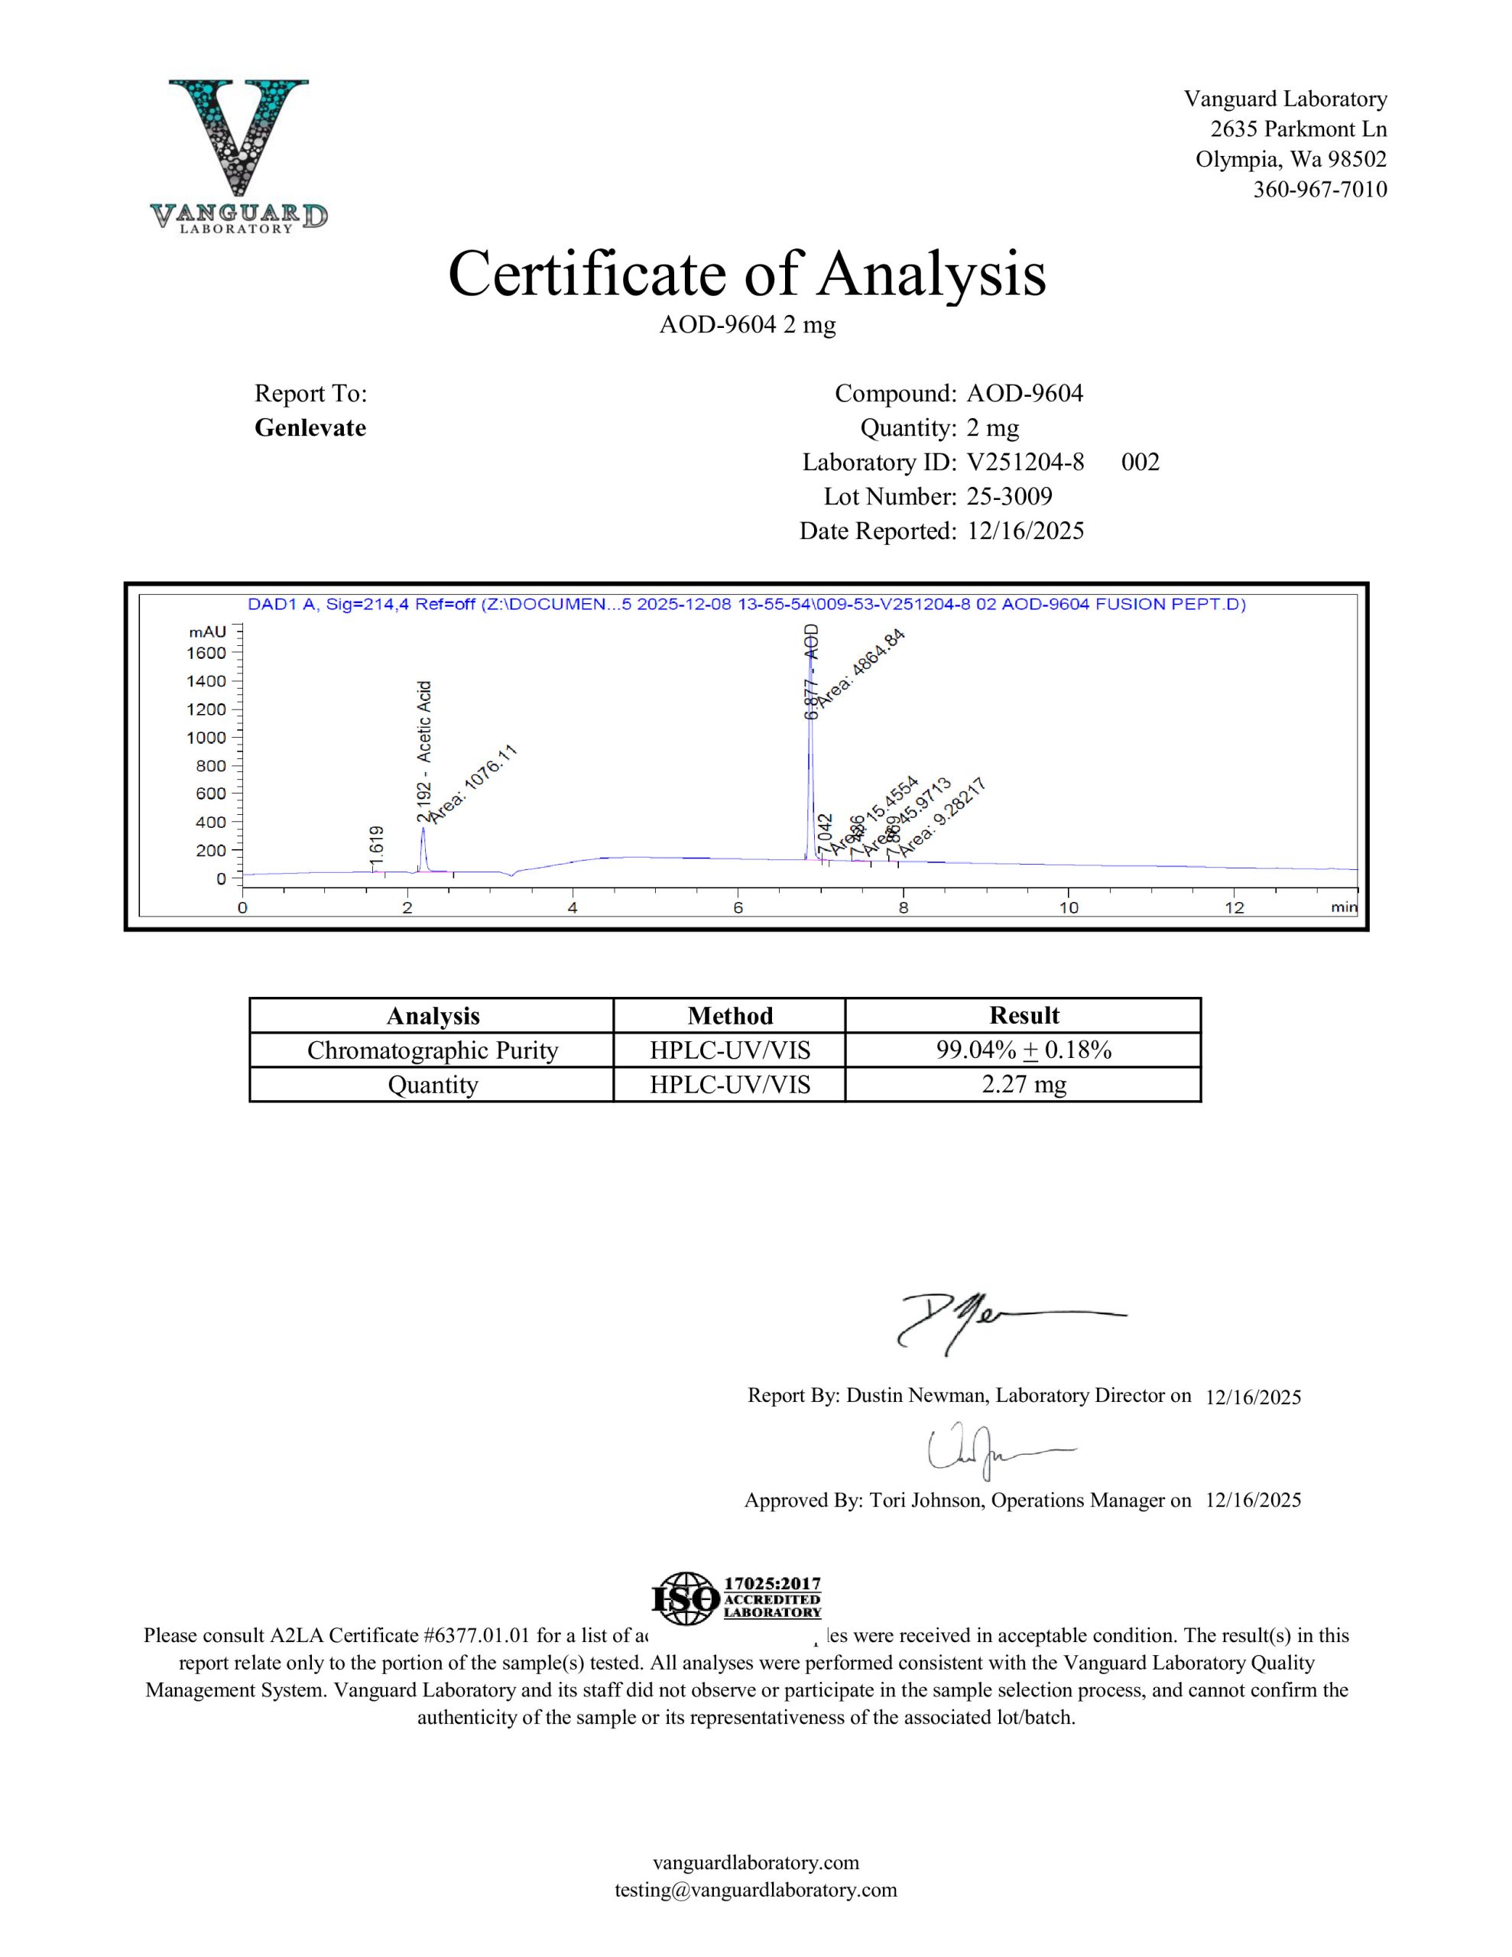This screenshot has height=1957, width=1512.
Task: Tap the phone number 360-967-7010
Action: click(1319, 189)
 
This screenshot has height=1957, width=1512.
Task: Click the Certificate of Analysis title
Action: click(747, 274)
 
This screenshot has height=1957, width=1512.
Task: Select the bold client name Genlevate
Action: click(310, 427)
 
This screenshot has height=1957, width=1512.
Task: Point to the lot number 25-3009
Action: click(1009, 496)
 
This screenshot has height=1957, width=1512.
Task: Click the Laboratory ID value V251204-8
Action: click(1025, 462)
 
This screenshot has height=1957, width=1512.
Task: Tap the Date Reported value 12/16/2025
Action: click(1025, 531)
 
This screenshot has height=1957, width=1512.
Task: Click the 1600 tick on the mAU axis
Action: click(206, 654)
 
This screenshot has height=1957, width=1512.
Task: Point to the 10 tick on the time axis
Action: click(1069, 907)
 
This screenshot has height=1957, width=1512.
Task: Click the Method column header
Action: click(729, 1015)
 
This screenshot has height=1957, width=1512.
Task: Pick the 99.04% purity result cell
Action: click(1023, 1050)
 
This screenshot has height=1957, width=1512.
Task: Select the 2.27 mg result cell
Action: click(1023, 1084)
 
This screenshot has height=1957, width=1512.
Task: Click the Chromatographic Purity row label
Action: click(432, 1050)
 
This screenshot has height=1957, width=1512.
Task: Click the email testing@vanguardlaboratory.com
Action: click(755, 1890)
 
